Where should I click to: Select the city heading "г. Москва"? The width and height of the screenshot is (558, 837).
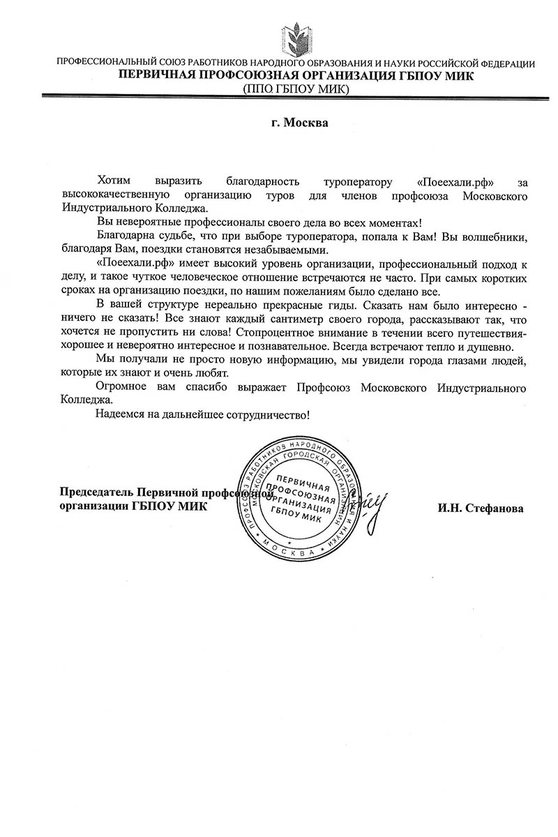(x=299, y=123)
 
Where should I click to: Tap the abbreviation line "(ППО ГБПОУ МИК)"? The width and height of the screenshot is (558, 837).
(x=296, y=89)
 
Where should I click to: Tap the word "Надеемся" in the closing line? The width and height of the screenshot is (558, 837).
(x=119, y=415)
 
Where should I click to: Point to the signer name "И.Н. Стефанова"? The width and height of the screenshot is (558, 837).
(x=481, y=508)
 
